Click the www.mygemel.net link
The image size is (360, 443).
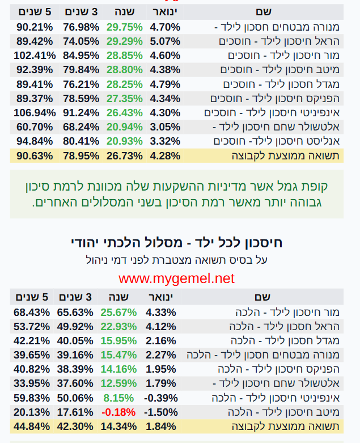(x=176, y=279)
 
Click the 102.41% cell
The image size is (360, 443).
(x=35, y=55)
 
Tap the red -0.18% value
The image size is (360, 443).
(x=118, y=412)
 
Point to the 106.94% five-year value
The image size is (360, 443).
(x=35, y=112)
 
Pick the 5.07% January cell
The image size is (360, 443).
(x=165, y=41)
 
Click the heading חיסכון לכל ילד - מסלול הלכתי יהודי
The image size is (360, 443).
(x=176, y=243)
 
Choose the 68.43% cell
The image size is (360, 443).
(x=32, y=313)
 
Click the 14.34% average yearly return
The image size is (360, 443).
(x=118, y=426)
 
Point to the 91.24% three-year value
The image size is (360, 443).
(x=79, y=112)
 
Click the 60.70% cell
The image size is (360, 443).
(x=35, y=126)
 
